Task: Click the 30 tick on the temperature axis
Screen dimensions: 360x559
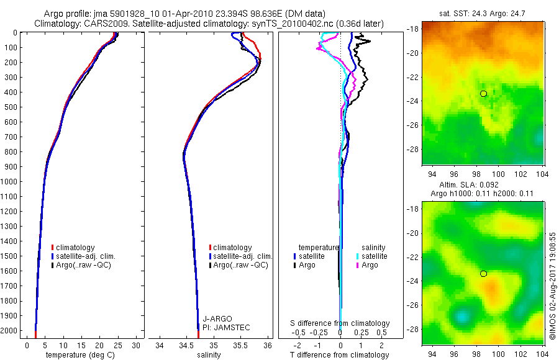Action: tap(137, 344)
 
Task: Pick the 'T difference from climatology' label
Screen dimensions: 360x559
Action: tap(340, 355)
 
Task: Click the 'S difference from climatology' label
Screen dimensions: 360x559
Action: tap(340, 323)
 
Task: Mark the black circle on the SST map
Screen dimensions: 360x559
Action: tap(483, 94)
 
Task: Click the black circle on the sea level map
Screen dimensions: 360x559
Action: tap(483, 274)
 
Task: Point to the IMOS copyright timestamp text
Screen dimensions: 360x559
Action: tap(553, 286)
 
